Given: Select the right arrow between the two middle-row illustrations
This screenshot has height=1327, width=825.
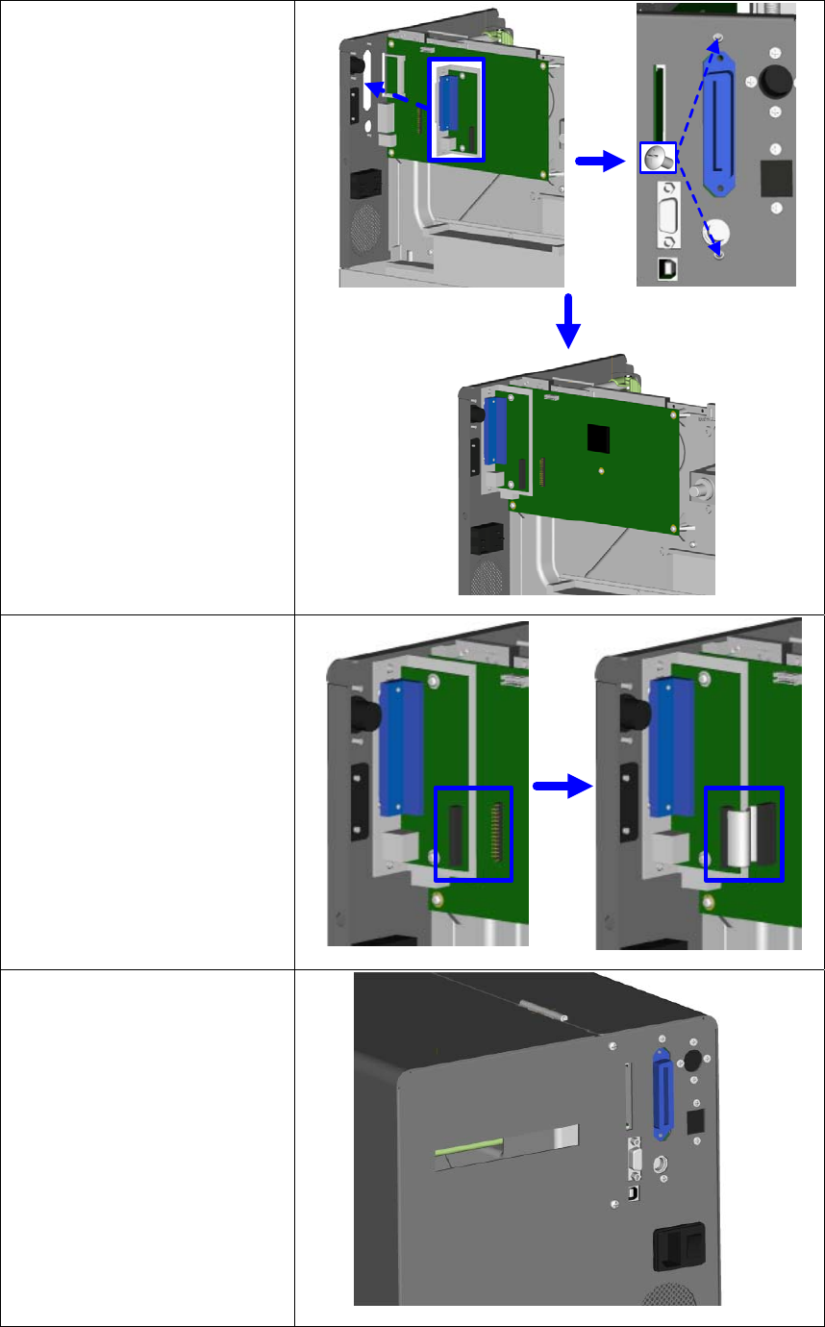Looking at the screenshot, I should tap(561, 786).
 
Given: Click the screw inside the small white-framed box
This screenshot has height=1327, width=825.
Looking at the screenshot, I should tap(658, 157).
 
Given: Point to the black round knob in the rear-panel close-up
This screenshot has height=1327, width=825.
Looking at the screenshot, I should tap(773, 82).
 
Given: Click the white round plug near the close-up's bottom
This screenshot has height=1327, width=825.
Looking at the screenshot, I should tap(716, 233).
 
